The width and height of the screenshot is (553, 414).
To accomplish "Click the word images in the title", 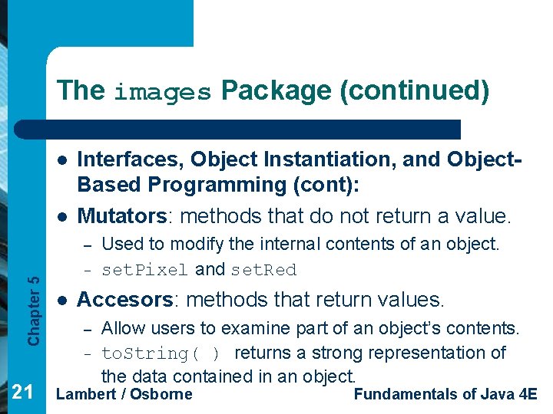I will click(x=162, y=93).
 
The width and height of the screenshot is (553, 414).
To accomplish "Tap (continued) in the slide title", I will click(x=414, y=90).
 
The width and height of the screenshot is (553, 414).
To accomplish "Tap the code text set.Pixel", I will click(x=145, y=270).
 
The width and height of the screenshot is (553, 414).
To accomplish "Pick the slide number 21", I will click(x=22, y=393).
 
